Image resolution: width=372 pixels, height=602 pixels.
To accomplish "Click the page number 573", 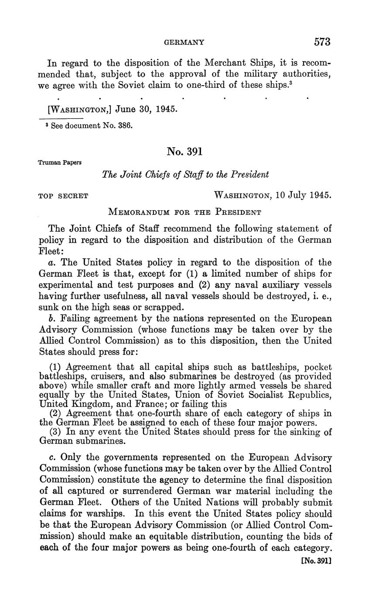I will pyautogui.click(x=322, y=42).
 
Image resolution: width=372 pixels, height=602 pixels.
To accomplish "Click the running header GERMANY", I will pyautogui.click(x=184, y=42).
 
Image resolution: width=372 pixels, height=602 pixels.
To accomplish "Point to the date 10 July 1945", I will pyautogui.click(x=304, y=195).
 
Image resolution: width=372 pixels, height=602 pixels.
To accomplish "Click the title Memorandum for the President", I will pyautogui.click(x=184, y=213).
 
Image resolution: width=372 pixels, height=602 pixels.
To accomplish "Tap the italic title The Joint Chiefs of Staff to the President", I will pyautogui.click(x=185, y=174).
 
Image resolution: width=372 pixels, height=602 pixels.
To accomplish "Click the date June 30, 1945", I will pyautogui.click(x=140, y=109).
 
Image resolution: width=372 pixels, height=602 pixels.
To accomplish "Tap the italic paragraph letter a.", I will pyautogui.click(x=52, y=263).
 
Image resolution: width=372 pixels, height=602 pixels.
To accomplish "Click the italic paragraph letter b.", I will pyautogui.click(x=52, y=319).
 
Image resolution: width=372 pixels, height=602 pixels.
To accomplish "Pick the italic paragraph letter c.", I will pyautogui.click(x=52, y=458).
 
